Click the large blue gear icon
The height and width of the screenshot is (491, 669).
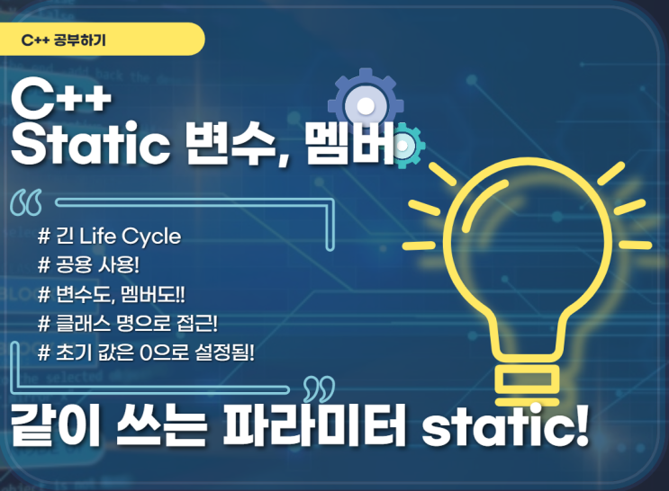tap(365, 106)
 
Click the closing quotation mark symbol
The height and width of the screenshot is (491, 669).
tap(317, 389)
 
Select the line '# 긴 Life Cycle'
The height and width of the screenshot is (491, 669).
tap(110, 237)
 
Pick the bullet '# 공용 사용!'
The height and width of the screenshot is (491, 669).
tap(95, 266)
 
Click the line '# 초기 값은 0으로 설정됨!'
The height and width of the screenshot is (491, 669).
tap(147, 351)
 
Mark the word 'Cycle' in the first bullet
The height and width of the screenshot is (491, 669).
tap(151, 237)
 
